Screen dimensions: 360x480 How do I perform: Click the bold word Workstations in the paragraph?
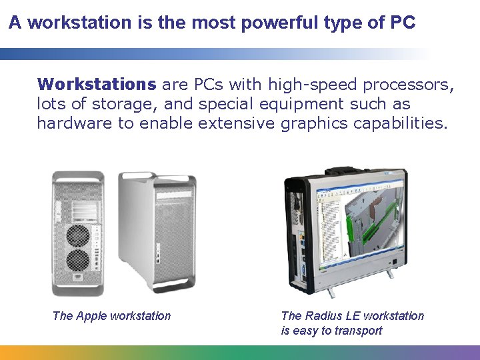pos(96,84)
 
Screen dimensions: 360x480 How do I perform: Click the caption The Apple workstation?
pos(111,316)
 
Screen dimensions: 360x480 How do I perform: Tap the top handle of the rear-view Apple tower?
pos(78,177)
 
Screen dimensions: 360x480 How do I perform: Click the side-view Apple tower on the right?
pos(158,230)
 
